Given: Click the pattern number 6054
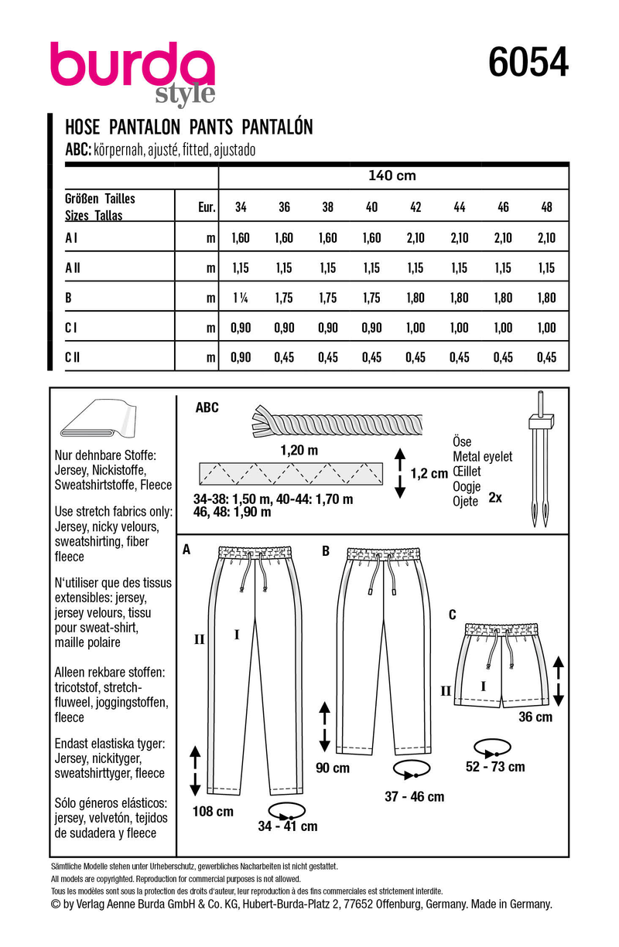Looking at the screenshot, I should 528,62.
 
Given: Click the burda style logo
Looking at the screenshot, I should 132,73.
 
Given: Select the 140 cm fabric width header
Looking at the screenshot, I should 392,175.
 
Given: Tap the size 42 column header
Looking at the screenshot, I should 415,208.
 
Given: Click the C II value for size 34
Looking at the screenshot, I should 241,356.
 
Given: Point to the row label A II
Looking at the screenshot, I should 72,267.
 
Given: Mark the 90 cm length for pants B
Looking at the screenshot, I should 332,768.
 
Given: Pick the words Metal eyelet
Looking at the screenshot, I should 482,457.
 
